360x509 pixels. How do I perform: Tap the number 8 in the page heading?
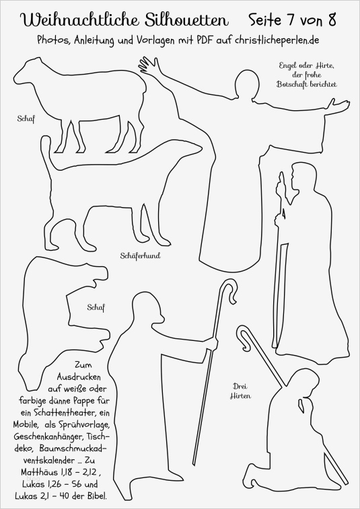pos(332,20)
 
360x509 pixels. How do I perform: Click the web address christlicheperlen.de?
pos(277,40)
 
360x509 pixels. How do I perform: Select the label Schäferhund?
pos(141,256)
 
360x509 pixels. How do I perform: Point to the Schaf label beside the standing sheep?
pos(26,118)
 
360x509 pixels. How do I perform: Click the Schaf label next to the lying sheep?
pos(96,307)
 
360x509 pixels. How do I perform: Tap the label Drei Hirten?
pos(240,391)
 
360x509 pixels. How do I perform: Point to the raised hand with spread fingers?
pos(149,66)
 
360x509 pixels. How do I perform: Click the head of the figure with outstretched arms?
pos(248,83)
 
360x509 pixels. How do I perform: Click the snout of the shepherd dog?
pos(194,150)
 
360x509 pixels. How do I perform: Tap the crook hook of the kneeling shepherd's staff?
pos(246,337)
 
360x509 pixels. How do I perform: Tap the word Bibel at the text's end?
pos(96,496)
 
